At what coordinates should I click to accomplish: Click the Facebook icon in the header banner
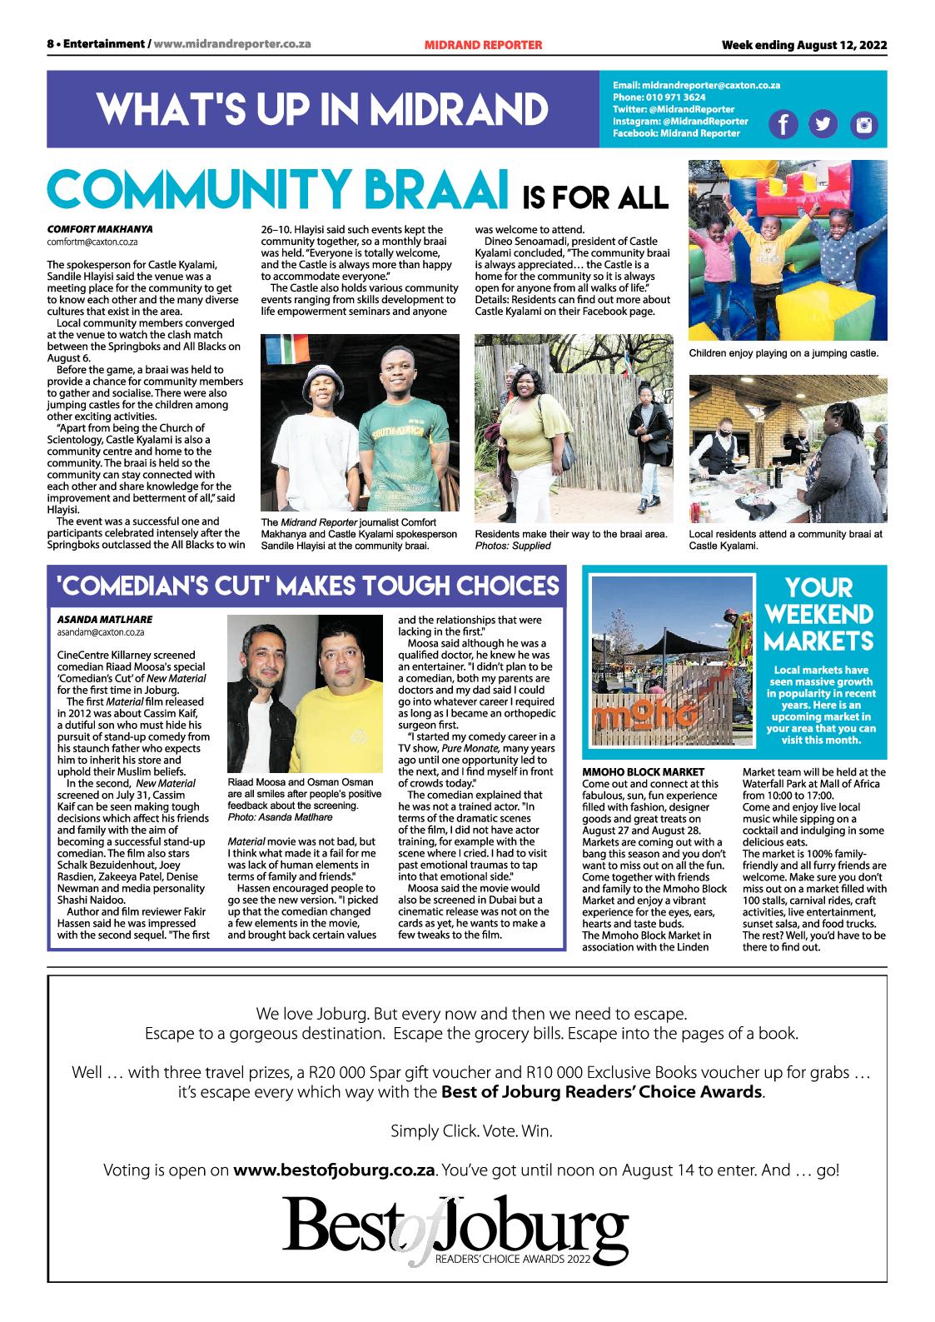783,124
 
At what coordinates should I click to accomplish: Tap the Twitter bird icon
823,124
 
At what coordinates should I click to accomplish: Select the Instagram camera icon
864,125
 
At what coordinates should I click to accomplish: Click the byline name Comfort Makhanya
100,228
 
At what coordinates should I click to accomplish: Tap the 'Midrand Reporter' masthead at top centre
483,45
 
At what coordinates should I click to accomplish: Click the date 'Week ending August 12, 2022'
804,45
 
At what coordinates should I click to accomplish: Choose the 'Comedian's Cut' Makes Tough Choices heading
307,586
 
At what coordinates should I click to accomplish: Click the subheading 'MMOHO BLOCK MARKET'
643,772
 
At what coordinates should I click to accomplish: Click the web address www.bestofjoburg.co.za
335,1170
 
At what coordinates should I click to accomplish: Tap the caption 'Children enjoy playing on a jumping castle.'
783,353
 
